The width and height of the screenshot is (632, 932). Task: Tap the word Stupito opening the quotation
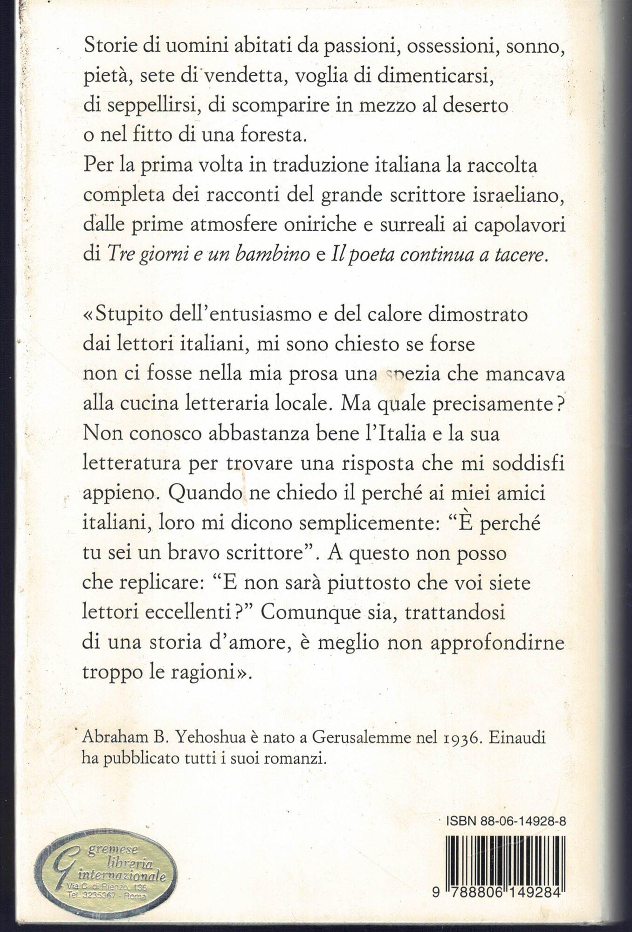point(122,315)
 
